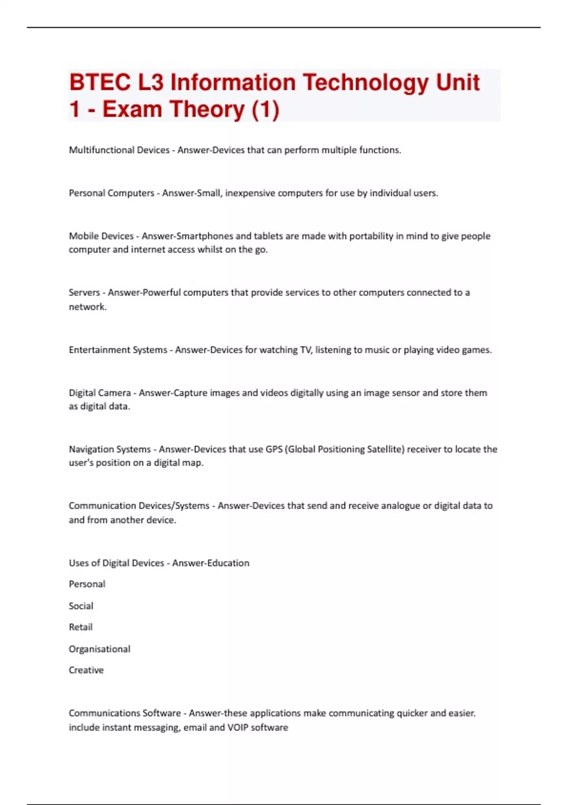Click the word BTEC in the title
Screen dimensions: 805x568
click(100, 82)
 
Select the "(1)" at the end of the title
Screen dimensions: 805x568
click(266, 109)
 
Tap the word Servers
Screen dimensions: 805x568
click(84, 293)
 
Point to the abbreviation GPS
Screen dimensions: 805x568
click(274, 449)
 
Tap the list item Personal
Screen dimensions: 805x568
click(87, 584)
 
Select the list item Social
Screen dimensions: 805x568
click(81, 606)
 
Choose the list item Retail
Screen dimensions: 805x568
click(80, 627)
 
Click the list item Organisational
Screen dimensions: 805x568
click(99, 649)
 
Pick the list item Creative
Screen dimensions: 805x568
click(86, 671)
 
